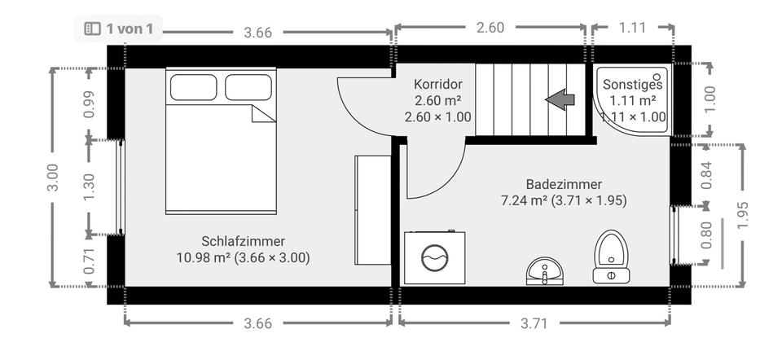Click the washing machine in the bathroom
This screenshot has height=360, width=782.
pyautogui.click(x=435, y=257)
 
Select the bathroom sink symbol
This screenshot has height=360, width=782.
pyautogui.click(x=544, y=270)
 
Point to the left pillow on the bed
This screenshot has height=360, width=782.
pyautogui.click(x=193, y=87)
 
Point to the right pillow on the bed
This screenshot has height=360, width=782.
pyautogui.click(x=248, y=87)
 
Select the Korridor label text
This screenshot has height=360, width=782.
pyautogui.click(x=438, y=84)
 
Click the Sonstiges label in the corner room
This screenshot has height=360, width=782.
pyautogui.click(x=632, y=84)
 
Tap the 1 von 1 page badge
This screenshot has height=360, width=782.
pyautogui.click(x=119, y=29)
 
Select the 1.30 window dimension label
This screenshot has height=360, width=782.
pyautogui.click(x=90, y=187)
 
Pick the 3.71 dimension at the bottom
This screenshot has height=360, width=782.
pyautogui.click(x=534, y=323)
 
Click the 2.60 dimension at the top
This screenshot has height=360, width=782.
pyautogui.click(x=490, y=28)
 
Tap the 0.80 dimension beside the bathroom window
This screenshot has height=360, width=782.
pyautogui.click(x=706, y=235)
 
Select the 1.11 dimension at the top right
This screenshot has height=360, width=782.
pyautogui.click(x=632, y=28)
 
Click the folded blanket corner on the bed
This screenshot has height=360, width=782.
pyautogui.click(x=263, y=113)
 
